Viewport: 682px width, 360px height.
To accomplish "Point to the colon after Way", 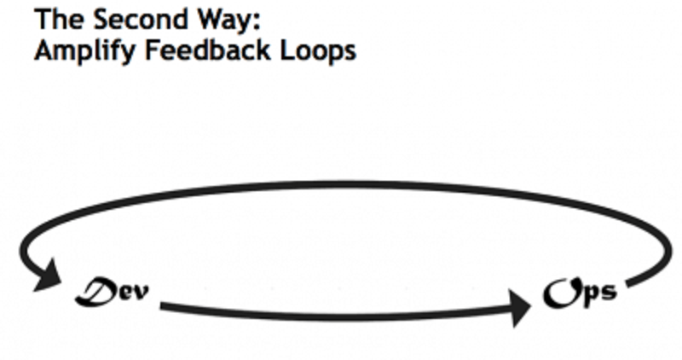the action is coord(257,23).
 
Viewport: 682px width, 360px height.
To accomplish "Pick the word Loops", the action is coord(317,51).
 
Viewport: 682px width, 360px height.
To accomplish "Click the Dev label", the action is coord(112,291).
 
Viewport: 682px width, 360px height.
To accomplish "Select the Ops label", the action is coord(580,293).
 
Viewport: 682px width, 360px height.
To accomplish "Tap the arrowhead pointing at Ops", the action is coord(520,308).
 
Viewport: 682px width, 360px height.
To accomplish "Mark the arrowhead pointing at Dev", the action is coord(48,276).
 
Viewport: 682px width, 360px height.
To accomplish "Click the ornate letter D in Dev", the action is coord(95,291).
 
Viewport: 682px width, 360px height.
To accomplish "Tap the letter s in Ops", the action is coord(609,292).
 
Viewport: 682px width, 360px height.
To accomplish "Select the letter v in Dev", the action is coord(141,293).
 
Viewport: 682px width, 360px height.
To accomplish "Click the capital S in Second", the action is coord(102,19).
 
